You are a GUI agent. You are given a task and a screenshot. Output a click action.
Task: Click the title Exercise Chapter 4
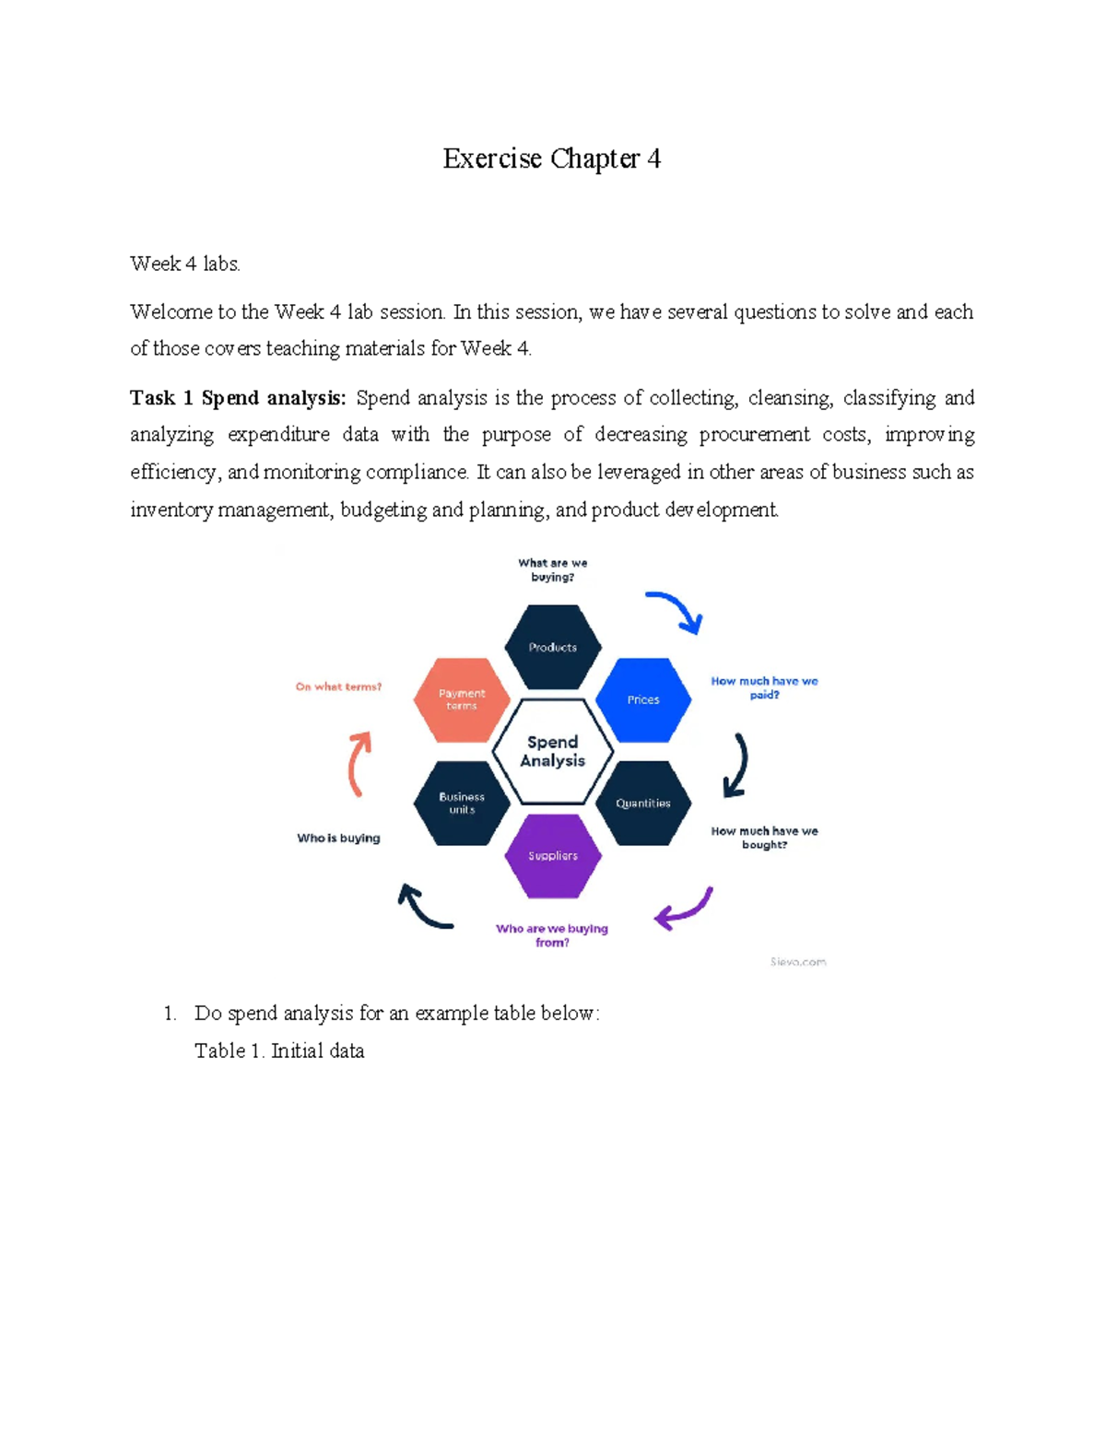coord(551,158)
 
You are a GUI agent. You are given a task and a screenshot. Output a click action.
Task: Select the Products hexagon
coord(553,647)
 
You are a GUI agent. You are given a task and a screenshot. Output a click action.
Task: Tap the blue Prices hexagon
coord(643,699)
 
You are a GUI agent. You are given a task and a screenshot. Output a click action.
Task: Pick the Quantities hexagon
coord(643,803)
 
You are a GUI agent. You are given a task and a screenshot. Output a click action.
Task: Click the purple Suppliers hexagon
coord(553,855)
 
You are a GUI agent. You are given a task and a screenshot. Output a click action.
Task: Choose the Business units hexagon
coord(462,803)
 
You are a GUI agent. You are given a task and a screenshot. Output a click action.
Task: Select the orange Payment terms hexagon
coord(462,699)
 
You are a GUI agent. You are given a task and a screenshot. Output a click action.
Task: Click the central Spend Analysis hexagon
coord(553,751)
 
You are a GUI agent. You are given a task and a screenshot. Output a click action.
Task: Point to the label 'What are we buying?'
coord(553,569)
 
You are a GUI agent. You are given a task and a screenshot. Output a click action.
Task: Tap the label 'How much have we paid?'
coord(764,687)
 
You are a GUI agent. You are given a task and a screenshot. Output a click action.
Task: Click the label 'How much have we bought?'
coord(764,838)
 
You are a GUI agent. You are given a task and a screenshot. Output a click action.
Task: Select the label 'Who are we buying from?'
coord(552,935)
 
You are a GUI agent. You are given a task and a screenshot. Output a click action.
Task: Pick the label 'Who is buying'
coord(338,838)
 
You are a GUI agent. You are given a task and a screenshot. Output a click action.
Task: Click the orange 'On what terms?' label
coord(338,686)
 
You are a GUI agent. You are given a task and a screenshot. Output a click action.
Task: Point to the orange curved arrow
coord(359,763)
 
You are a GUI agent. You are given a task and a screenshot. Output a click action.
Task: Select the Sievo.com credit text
coord(798,961)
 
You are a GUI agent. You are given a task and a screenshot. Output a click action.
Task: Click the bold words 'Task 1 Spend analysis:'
coord(238,398)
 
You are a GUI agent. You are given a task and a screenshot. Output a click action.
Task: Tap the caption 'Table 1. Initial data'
coord(279,1050)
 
